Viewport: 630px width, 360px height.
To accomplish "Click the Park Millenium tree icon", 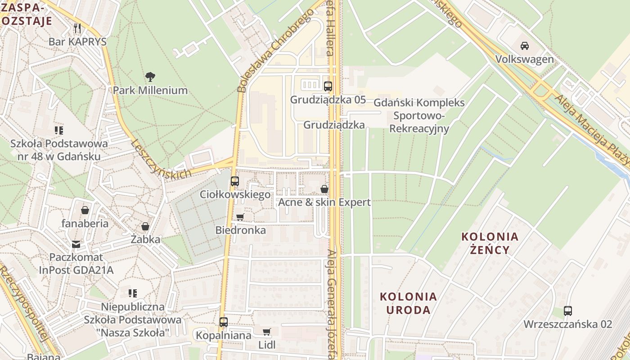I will tap(150, 77).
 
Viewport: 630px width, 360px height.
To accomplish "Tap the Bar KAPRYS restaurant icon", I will tap(77, 28).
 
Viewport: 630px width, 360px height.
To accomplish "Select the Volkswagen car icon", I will tap(524, 45).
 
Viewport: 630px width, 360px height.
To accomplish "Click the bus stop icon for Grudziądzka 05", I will tap(328, 86).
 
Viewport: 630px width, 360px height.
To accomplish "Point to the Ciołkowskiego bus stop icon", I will tap(234, 181).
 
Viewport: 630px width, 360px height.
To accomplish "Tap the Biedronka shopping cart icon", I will tap(240, 217).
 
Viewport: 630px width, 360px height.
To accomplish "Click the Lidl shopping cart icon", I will tap(266, 332).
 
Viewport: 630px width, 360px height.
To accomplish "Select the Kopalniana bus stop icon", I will tap(223, 322).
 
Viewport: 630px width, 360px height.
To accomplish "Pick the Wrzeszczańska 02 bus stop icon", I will tap(567, 310).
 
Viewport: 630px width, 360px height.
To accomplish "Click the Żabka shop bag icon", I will tap(145, 226).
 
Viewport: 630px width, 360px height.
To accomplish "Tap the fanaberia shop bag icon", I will tap(85, 210).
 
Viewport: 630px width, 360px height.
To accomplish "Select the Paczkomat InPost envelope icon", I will tap(76, 244).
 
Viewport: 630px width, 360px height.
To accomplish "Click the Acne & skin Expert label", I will tap(324, 202).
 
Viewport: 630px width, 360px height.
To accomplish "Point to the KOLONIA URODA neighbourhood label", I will tap(408, 303).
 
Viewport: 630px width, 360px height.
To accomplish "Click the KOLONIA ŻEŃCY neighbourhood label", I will tap(490, 243).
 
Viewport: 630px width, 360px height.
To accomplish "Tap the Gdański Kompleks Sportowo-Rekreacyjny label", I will tap(419, 116).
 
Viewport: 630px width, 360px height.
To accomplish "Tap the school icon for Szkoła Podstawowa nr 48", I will tap(59, 130).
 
